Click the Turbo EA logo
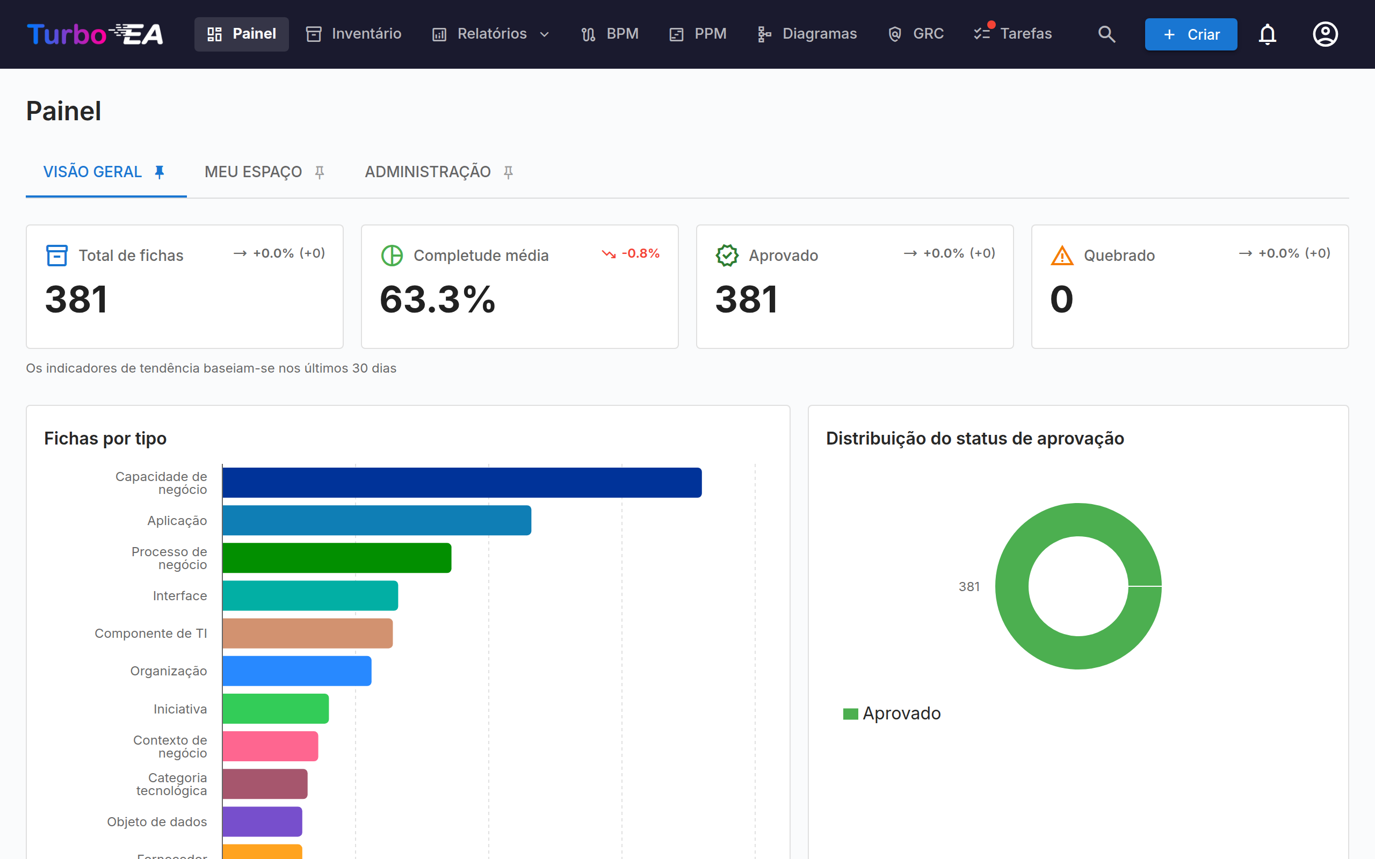point(95,34)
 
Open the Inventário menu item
point(353,34)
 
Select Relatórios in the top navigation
point(491,34)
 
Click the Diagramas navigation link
point(807,34)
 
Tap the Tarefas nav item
point(1013,34)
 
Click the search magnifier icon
point(1106,34)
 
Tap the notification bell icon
point(1267,34)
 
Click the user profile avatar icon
point(1325,34)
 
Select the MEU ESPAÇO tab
point(264,172)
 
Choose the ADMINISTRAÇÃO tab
point(439,172)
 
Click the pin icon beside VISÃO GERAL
point(160,172)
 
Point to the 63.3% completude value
point(438,299)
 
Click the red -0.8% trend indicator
point(631,253)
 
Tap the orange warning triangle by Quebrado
point(1062,256)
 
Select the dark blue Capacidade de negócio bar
point(462,482)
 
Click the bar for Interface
point(310,595)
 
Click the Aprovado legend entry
point(892,713)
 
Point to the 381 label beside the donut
point(969,586)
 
